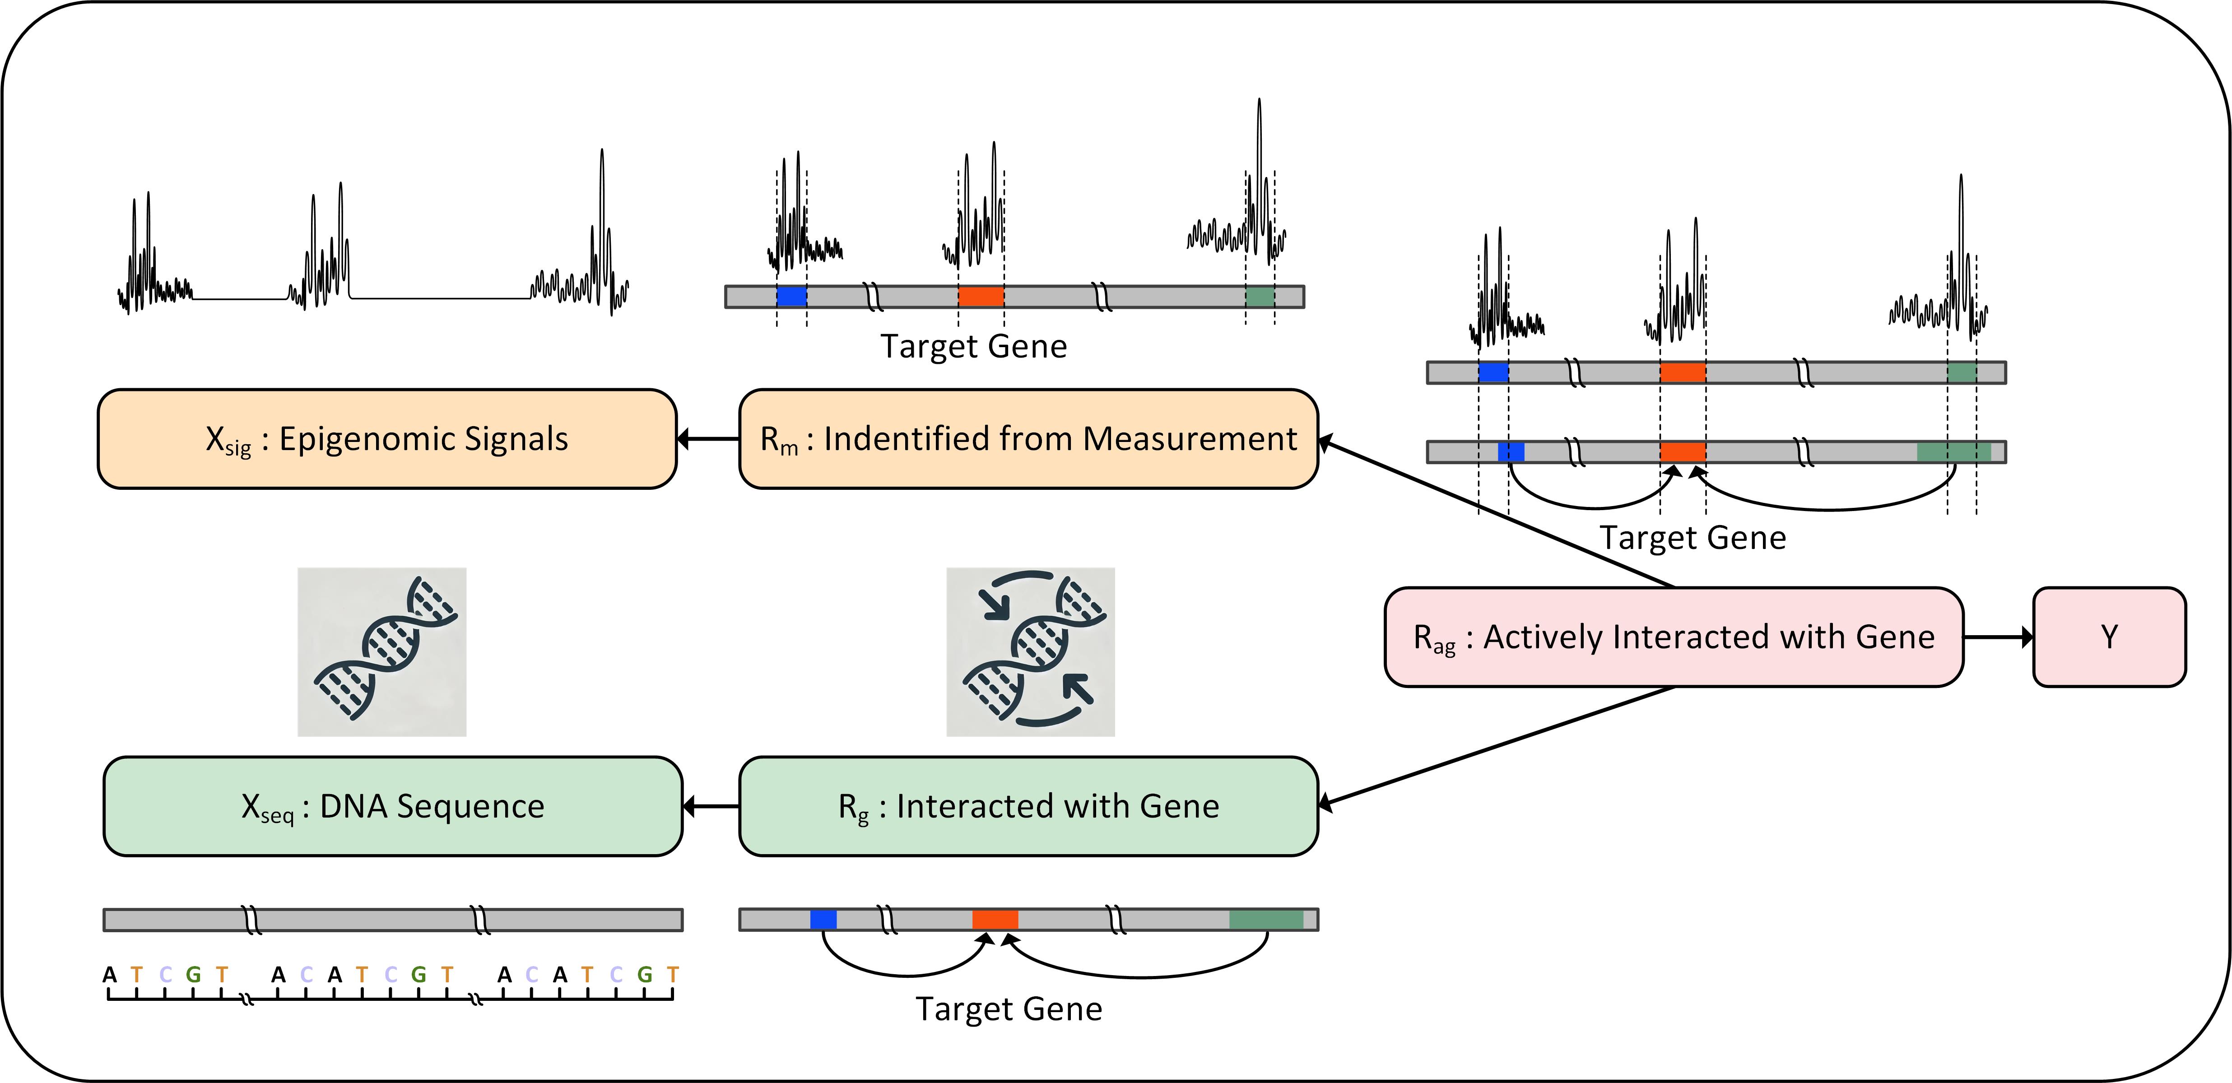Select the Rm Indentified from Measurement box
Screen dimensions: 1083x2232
click(1028, 439)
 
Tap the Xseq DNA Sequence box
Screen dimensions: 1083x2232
click(392, 807)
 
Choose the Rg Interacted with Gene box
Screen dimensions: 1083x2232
click(1028, 807)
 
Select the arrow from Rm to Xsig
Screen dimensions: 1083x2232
click(708, 439)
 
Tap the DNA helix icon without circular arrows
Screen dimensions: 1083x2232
click(382, 651)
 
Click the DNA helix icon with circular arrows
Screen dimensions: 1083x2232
click(1030, 651)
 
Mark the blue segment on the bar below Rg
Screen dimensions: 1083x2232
click(823, 919)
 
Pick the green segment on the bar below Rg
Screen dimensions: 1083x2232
click(1266, 919)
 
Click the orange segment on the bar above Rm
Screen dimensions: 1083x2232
click(981, 296)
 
